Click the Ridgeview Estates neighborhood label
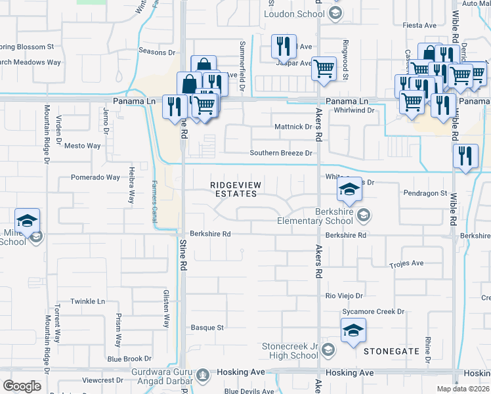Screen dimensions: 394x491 [x=237, y=190]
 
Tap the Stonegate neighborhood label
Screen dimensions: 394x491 [x=391, y=351]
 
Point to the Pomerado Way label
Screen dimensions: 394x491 [x=95, y=177]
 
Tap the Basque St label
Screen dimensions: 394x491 [x=207, y=327]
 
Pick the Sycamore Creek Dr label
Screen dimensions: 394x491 [x=372, y=312]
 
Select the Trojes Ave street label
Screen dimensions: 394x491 [x=406, y=264]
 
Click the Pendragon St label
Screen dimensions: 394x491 [x=425, y=194]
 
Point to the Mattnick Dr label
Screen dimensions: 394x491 [x=291, y=127]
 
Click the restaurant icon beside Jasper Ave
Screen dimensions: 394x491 [x=284, y=46]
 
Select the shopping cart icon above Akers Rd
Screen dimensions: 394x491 [x=324, y=68]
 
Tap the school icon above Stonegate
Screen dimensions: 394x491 [x=353, y=330]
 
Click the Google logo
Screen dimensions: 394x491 [x=22, y=385]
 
